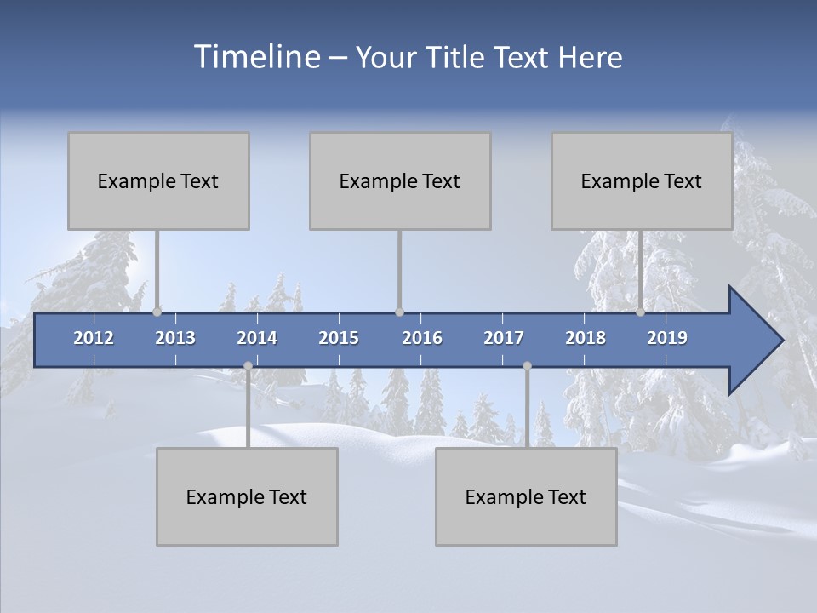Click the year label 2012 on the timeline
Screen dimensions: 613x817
pyautogui.click(x=94, y=338)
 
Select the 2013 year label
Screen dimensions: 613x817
pyautogui.click(x=175, y=338)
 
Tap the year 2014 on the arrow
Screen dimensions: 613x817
pyautogui.click(x=257, y=338)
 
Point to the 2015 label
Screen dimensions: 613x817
pyautogui.click(x=339, y=338)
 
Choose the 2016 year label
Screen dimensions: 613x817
pyautogui.click(x=422, y=338)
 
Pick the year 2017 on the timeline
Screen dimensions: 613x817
pyautogui.click(x=504, y=338)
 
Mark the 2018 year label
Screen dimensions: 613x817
pyautogui.click(x=586, y=338)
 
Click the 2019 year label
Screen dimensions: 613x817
pyautogui.click(x=667, y=338)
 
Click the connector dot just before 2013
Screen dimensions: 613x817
pyautogui.click(x=157, y=312)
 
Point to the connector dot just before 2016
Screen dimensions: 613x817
pyautogui.click(x=399, y=312)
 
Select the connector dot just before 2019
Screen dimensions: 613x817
pyautogui.click(x=641, y=312)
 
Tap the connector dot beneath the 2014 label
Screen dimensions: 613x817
pyautogui.click(x=248, y=366)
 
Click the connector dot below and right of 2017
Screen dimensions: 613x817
pyautogui.click(x=527, y=366)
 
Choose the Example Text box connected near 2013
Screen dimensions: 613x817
pyautogui.click(x=158, y=180)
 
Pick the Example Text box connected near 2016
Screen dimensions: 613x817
pyautogui.click(x=400, y=180)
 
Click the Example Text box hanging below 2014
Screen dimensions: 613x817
pyautogui.click(x=247, y=496)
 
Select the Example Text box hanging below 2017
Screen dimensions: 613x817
pyautogui.click(x=526, y=496)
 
